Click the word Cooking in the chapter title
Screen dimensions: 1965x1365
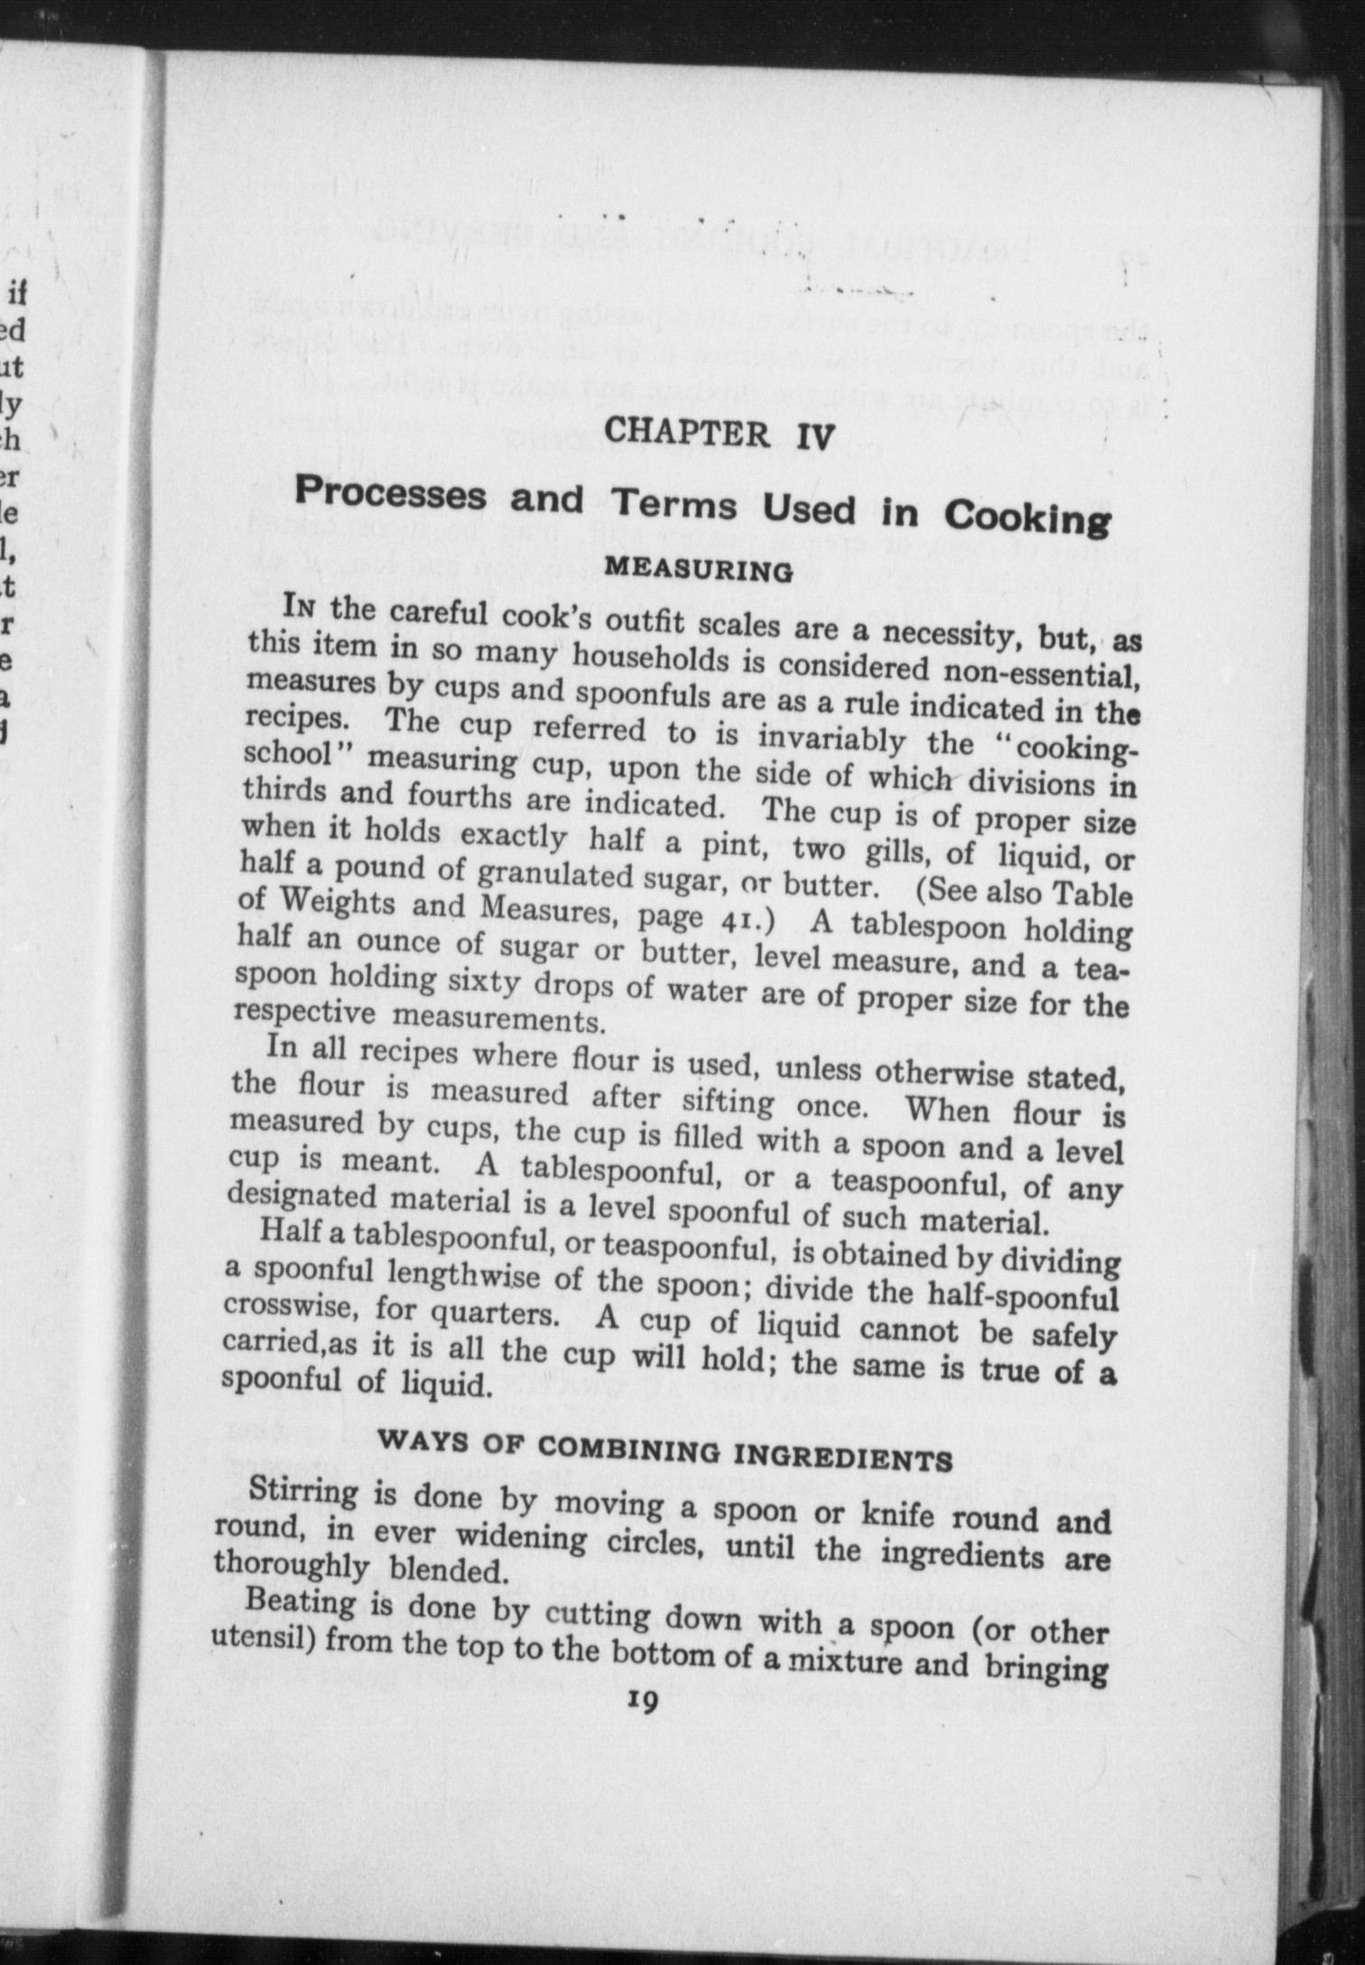pyautogui.click(x=1026, y=518)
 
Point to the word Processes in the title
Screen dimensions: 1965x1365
pyautogui.click(x=391, y=496)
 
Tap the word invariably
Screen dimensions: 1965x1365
pyautogui.click(x=831, y=740)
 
